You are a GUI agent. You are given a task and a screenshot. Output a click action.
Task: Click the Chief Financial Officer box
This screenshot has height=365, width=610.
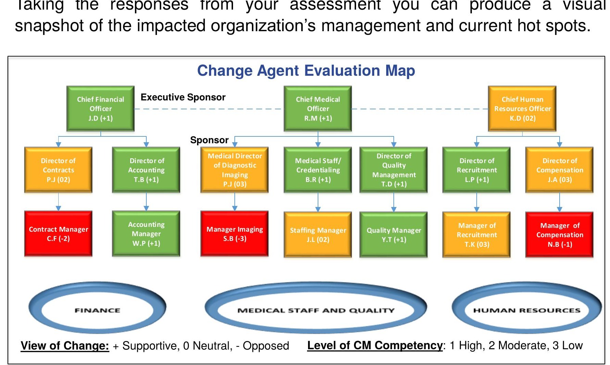pos(100,109)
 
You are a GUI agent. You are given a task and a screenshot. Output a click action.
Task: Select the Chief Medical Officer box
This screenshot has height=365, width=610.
pos(318,109)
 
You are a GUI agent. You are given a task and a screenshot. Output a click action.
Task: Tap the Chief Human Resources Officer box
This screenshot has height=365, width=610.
pos(522,109)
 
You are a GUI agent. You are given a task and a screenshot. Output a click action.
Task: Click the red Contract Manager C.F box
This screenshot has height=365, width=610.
pos(58,234)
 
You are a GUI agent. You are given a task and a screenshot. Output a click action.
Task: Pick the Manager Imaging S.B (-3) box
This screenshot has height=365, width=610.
pos(234,234)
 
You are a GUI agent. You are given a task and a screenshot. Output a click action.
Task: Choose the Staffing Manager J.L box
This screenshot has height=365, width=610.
pos(318,234)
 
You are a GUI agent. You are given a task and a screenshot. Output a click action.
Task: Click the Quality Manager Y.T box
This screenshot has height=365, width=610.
pos(393,234)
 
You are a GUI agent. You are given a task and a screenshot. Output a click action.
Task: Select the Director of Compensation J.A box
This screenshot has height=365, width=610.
pos(559,170)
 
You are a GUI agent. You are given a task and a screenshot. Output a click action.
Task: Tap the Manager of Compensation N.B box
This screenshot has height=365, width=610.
pos(559,234)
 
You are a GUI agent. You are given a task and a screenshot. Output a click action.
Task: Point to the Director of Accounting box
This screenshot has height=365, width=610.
pos(146,170)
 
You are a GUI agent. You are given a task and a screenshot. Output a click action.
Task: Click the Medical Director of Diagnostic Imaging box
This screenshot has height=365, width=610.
pos(234,170)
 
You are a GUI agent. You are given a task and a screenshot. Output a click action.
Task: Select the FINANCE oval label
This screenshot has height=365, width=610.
pos(97,311)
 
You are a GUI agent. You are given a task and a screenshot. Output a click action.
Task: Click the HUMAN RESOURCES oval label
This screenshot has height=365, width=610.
pos(526,311)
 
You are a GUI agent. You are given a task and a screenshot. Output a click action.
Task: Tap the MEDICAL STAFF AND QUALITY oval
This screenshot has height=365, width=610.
pos(316,311)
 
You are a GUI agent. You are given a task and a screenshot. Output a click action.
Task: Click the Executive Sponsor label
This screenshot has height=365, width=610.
pos(183,97)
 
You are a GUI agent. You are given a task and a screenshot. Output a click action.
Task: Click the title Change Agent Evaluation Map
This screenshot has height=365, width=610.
pos(306,71)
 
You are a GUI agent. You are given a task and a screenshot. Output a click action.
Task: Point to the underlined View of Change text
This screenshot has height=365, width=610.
pos(65,345)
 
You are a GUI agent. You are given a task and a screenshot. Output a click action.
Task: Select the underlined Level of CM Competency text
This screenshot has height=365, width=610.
pos(375,345)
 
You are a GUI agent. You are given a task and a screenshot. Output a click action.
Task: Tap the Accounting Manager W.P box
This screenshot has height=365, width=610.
pos(146,234)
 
